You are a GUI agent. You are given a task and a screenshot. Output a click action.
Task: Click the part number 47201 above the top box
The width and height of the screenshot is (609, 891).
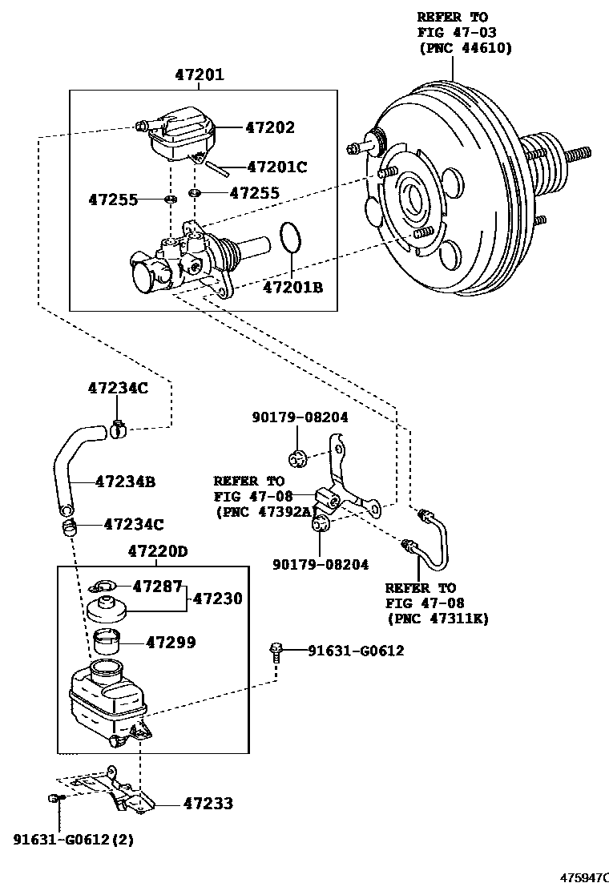click(199, 75)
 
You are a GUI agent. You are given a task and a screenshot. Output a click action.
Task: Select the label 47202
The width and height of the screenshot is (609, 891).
click(270, 127)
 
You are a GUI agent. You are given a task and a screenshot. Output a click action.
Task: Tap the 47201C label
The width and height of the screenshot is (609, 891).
click(277, 167)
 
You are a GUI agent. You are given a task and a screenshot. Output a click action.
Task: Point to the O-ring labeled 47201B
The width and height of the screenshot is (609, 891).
click(292, 237)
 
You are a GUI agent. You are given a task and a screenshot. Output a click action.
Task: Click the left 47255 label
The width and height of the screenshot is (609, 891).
click(113, 200)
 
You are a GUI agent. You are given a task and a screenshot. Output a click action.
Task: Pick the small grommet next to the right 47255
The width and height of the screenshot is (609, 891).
click(195, 193)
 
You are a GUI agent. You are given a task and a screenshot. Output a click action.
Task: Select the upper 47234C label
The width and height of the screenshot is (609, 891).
click(118, 388)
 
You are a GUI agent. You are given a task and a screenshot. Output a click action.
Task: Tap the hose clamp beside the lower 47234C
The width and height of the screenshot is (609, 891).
click(67, 526)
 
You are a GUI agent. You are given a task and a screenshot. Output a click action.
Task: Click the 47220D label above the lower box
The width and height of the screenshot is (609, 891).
click(157, 551)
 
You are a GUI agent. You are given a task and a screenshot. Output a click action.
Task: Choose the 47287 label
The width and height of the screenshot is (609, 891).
click(157, 587)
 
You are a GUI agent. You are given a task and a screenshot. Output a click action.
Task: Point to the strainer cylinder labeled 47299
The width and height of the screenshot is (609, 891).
click(107, 642)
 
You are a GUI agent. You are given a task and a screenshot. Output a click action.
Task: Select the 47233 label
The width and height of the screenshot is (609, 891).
click(208, 804)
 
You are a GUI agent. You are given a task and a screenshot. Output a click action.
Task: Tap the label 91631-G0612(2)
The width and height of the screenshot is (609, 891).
click(73, 839)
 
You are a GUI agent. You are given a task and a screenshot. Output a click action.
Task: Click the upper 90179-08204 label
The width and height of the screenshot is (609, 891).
click(300, 417)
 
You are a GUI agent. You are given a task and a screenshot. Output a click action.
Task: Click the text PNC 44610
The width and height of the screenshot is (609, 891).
click(466, 48)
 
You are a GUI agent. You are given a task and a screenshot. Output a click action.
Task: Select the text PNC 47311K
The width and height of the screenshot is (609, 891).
click(438, 619)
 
